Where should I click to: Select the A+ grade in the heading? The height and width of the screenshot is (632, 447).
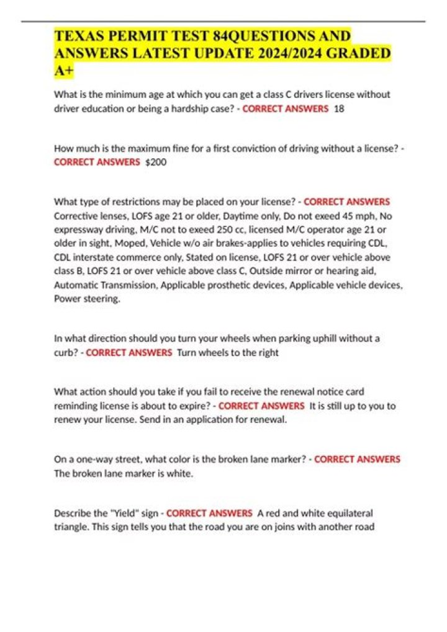point(63,71)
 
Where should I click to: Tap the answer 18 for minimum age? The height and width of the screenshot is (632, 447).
point(339,109)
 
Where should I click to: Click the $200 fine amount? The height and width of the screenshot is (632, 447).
point(155,162)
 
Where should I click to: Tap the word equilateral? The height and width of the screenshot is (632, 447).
point(348,514)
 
